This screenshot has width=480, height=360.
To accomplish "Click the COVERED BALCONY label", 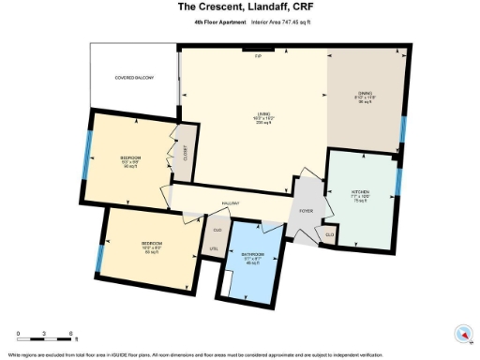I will pos(134,78).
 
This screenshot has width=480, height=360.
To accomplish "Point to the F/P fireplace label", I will pos(258,55).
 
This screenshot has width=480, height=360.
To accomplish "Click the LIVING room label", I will pos(264,117).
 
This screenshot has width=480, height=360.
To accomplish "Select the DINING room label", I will pos(366,94).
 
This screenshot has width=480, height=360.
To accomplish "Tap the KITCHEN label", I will pos(361,194).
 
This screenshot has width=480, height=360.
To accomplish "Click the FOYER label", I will pos(306,211).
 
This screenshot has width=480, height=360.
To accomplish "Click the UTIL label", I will pos(213,248).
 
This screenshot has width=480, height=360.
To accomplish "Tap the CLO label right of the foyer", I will pos(329,232).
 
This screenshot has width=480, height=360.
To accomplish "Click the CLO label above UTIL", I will pos(217,230).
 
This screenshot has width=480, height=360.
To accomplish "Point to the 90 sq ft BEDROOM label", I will pos(130,160).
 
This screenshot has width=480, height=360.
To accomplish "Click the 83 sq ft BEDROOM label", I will pos(152,246).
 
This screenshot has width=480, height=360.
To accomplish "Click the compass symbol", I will pos(460,333).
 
